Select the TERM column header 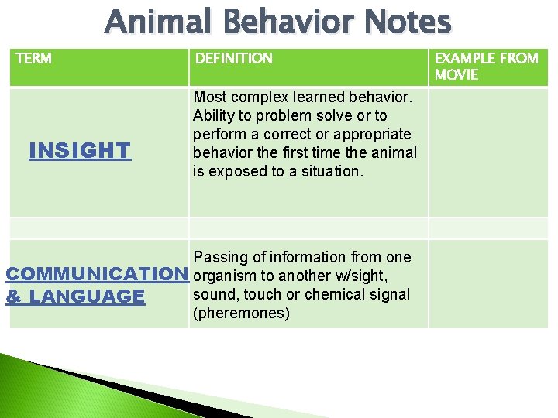coord(33,59)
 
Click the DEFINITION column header coord(233,59)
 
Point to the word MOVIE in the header coord(456,75)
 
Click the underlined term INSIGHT coord(80,150)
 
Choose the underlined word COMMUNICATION coord(97,274)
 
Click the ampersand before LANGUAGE coord(13,296)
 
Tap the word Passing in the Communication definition coord(219,257)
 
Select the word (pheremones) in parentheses coord(241,313)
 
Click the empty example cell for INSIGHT coord(488,152)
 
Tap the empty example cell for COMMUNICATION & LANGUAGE coord(488,283)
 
